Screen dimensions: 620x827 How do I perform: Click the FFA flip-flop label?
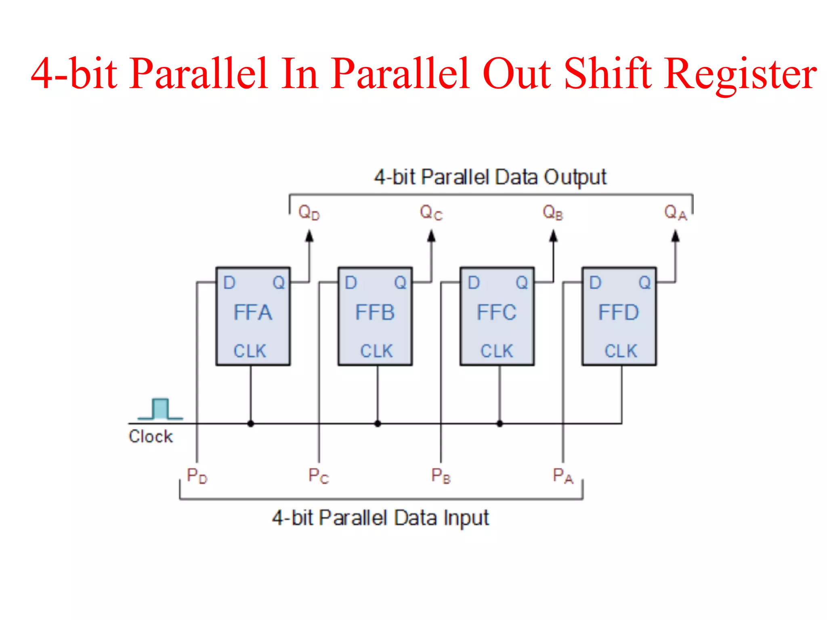(x=253, y=312)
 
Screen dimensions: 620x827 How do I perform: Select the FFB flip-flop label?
(x=375, y=312)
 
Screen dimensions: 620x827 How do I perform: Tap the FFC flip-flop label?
(x=497, y=312)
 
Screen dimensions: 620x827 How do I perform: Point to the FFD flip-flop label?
(x=619, y=312)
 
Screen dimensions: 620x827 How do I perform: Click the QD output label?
(x=309, y=212)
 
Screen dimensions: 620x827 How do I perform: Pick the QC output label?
(x=431, y=212)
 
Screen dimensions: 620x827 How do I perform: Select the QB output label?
(x=553, y=212)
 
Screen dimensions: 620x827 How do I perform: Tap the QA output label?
(x=675, y=212)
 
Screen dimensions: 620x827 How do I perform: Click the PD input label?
(x=197, y=476)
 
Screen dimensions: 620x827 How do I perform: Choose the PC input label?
(x=319, y=476)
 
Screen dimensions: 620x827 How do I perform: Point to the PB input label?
(x=441, y=476)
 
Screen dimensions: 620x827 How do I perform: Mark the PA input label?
(x=563, y=476)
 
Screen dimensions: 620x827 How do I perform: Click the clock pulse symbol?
(x=160, y=409)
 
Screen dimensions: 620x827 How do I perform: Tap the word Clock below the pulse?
(x=151, y=436)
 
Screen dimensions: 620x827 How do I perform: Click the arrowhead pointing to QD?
(x=309, y=236)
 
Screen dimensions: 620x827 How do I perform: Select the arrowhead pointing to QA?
(x=675, y=236)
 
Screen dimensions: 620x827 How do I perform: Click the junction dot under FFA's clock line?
(x=251, y=423)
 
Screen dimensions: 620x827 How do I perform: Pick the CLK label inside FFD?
(x=621, y=351)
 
